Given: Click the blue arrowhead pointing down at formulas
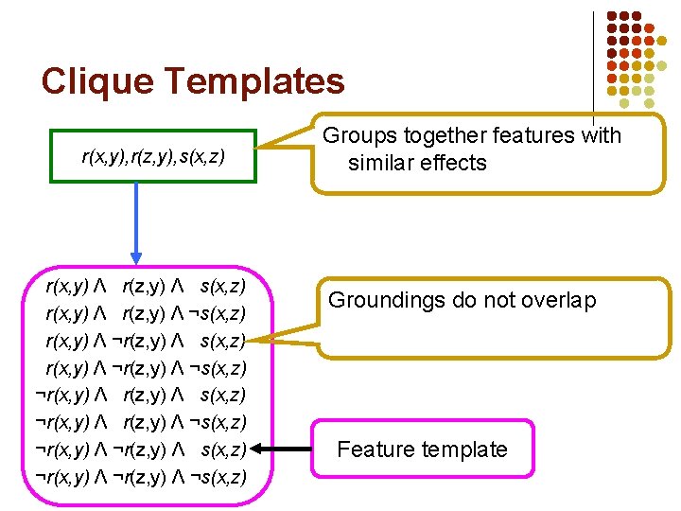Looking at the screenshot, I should (136, 256).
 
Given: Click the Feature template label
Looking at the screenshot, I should (422, 449).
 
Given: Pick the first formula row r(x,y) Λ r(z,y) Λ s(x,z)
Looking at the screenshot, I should (147, 286).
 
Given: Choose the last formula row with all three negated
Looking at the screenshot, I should (140, 477).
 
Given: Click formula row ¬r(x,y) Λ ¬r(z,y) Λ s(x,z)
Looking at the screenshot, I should (140, 449).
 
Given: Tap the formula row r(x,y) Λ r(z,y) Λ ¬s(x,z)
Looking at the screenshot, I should (147, 313).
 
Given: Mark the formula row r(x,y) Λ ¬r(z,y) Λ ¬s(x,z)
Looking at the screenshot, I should (147, 368).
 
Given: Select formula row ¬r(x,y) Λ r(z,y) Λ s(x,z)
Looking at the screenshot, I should (140, 395).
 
